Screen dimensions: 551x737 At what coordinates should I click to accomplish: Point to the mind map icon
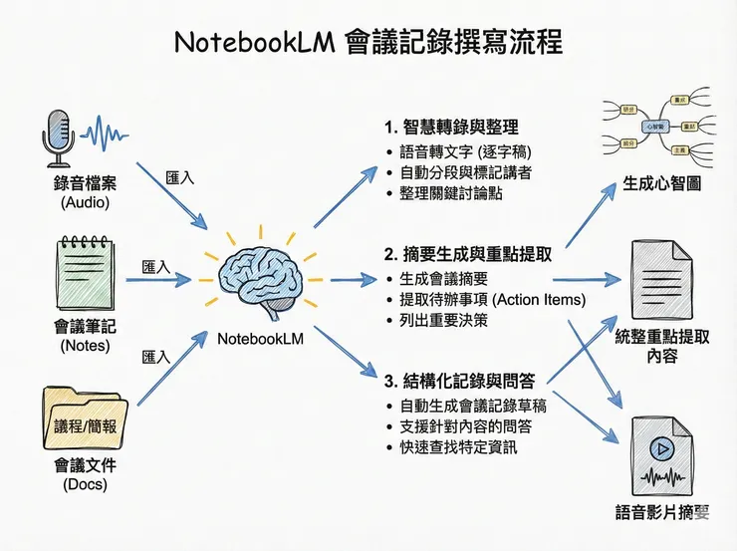coord(654,127)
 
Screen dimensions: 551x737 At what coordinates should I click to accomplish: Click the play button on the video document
coord(658,448)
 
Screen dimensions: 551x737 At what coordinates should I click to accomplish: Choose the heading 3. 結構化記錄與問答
coord(458,380)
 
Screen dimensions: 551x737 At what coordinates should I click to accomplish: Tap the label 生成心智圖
coord(661,184)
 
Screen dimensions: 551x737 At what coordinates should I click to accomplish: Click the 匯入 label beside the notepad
coord(156,267)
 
